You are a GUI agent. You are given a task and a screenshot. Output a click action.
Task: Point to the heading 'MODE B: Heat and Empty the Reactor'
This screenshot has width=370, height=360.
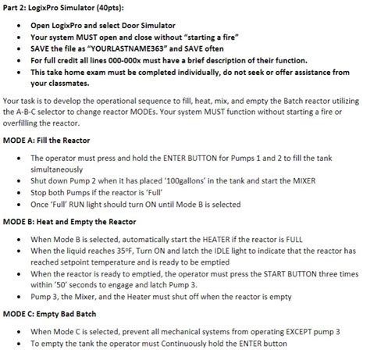tap(69, 221)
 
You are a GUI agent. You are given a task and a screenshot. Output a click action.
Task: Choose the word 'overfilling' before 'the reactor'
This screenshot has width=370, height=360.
tap(25, 123)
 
